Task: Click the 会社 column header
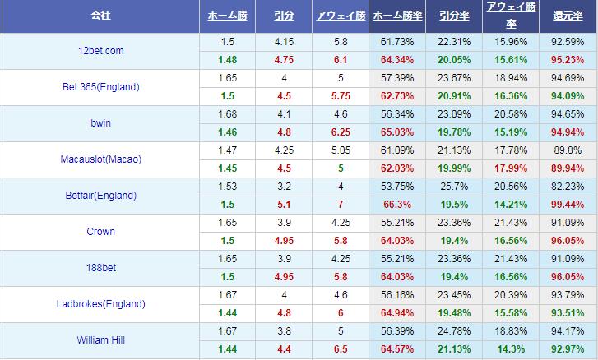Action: (x=100, y=16)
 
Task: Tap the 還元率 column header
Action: (x=568, y=16)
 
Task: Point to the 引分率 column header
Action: (x=452, y=16)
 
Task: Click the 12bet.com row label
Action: (x=100, y=51)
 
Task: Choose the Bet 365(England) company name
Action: (x=100, y=87)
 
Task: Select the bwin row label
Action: (x=100, y=123)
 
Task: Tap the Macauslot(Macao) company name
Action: (x=100, y=159)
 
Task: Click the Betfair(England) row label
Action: (x=100, y=196)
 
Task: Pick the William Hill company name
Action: (x=100, y=339)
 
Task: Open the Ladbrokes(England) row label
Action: (x=100, y=304)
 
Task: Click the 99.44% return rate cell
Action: (x=568, y=204)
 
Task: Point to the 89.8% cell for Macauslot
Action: (x=568, y=150)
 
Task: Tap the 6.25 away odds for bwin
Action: (x=341, y=132)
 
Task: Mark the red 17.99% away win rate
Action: (x=509, y=168)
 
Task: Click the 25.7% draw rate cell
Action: (x=452, y=187)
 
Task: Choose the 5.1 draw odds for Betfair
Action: (x=283, y=204)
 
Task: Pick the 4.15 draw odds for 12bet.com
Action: (x=283, y=42)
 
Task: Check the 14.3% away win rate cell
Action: (x=509, y=348)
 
